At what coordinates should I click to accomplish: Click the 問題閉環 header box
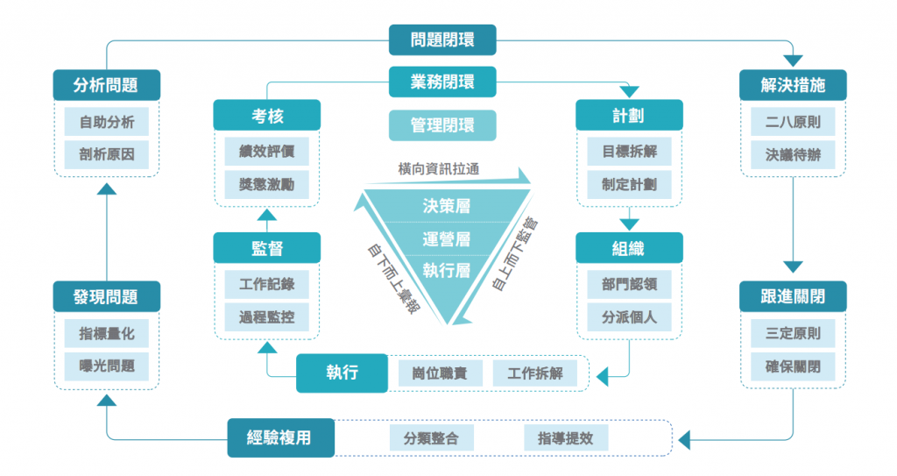[x=442, y=40]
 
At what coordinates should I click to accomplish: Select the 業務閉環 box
[x=442, y=82]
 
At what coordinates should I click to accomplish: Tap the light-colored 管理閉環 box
[x=442, y=124]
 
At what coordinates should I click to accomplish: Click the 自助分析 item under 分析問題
[x=106, y=122]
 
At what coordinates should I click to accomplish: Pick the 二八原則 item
[x=793, y=122]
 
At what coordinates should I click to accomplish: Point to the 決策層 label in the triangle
[x=446, y=206]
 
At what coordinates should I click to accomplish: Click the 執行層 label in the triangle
[x=446, y=270]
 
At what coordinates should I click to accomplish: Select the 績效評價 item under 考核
[x=266, y=152]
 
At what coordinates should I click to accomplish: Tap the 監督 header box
[x=266, y=247]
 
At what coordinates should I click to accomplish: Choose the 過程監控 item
[x=266, y=316]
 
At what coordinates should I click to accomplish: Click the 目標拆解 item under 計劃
[x=629, y=152]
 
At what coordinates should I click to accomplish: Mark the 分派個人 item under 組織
[x=629, y=316]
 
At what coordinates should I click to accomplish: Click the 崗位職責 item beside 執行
[x=440, y=373]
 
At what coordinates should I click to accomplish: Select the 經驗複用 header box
[x=281, y=437]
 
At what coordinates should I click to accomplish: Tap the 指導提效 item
[x=566, y=438]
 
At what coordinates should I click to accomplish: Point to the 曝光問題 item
[x=106, y=366]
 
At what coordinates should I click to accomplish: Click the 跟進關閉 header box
[x=793, y=296]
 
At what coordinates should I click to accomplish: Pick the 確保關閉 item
[x=793, y=366]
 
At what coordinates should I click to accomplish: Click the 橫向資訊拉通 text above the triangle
[x=439, y=169]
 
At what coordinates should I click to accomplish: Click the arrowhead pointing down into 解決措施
[x=793, y=60]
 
